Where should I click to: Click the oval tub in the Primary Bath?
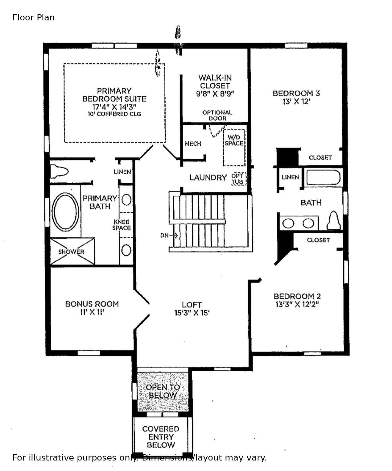(65, 212)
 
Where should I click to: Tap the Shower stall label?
(71, 252)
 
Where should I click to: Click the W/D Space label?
(234, 140)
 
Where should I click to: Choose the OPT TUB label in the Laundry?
(238, 179)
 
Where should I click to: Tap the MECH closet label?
(193, 144)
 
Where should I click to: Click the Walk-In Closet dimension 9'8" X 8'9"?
(215, 94)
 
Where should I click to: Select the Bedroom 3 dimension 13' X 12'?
(296, 102)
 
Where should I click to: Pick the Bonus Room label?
(92, 304)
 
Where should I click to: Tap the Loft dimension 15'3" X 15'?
(192, 313)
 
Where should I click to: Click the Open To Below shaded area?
(163, 391)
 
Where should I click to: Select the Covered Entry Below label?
(161, 437)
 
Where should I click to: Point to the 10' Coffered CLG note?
(114, 114)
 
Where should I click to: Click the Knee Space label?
(122, 225)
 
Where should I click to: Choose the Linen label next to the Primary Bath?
(122, 172)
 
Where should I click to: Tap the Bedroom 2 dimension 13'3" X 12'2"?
(297, 305)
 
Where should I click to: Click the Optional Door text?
(217, 115)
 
